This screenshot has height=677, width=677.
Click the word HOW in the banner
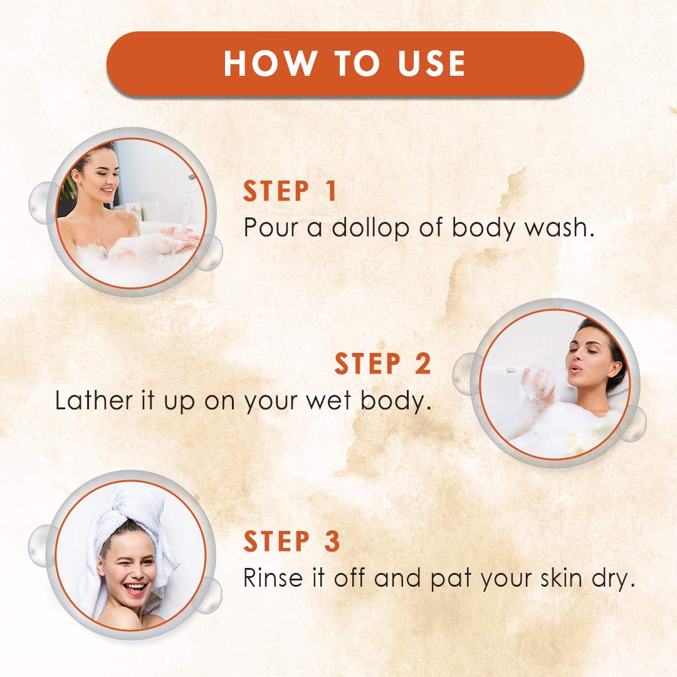pos(270,63)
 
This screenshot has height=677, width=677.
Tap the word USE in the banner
pos(431,63)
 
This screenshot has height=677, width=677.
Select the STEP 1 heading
pos(290,191)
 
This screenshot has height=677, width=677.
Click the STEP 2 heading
pos(382,364)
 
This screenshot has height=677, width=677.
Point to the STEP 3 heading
pos(292,541)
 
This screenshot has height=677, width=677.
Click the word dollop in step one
pos(370,229)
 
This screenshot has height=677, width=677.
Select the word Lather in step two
pos(93,401)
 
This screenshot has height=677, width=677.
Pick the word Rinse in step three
pos(273,578)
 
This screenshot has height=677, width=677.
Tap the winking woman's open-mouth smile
pos(135,589)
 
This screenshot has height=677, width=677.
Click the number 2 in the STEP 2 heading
pos(422,364)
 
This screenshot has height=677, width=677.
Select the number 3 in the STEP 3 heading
pos(332,541)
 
